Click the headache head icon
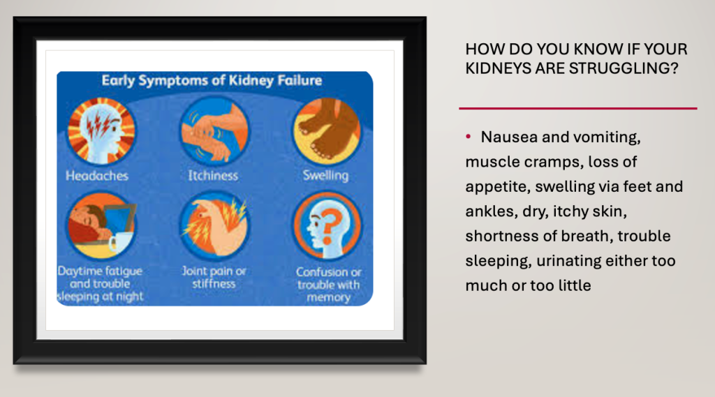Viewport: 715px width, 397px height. pos(101,131)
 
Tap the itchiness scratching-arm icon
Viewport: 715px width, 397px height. pos(214,131)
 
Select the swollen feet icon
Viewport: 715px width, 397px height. pos(327,131)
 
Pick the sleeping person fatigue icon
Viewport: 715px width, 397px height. pos(101,225)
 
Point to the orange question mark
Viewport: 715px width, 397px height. pos(330,225)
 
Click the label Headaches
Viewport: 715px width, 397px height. pos(96,176)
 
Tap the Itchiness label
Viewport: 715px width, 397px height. pos(213,176)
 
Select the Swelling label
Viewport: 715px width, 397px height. pos(325,176)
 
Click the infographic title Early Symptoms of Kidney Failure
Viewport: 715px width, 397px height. pos(212,81)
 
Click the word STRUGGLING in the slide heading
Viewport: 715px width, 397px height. pos(624,68)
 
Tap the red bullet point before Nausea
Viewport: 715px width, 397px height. pos(468,136)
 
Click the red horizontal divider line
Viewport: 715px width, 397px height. pos(577,108)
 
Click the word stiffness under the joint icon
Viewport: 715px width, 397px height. pos(214,284)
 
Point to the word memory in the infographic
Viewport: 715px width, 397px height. pos(328,298)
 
